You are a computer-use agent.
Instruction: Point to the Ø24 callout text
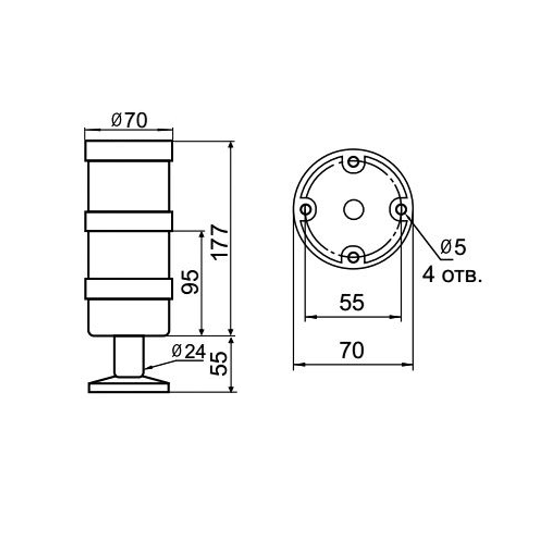[188, 352]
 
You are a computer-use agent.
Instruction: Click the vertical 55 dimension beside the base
[219, 363]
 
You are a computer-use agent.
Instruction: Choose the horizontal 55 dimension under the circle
[351, 303]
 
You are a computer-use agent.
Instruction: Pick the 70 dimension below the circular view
[352, 351]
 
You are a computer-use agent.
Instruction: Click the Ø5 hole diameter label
[453, 248]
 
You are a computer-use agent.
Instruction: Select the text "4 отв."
[452, 276]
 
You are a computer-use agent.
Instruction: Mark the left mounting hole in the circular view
[306, 209]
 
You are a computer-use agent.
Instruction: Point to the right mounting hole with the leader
[401, 209]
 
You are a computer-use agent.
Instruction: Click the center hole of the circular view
[354, 209]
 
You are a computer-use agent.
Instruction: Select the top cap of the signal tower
[128, 151]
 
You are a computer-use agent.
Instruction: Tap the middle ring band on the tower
[128, 221]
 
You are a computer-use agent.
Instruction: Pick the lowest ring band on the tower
[128, 289]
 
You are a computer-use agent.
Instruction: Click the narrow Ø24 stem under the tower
[128, 356]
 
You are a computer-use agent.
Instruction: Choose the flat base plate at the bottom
[128, 387]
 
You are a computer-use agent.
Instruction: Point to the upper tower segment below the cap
[128, 186]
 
